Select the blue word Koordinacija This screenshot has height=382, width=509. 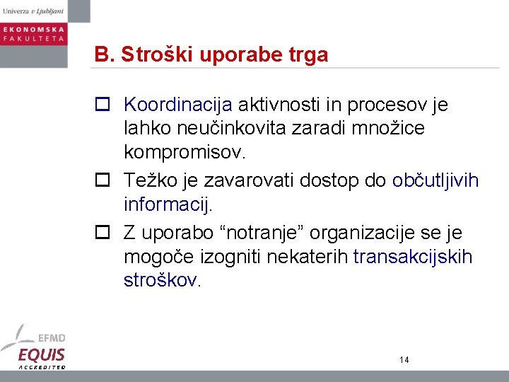click(177, 105)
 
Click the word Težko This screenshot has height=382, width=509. click(145, 181)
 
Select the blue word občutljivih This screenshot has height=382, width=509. click(435, 181)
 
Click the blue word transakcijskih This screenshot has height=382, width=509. click(412, 257)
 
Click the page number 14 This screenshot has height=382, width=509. click(404, 360)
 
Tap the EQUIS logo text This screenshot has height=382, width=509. click(42, 354)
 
